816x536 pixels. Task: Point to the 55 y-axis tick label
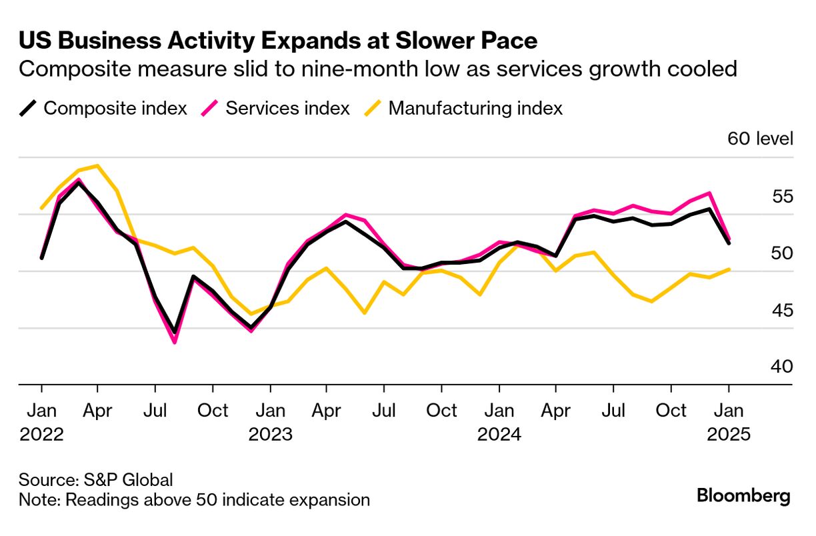click(x=780, y=196)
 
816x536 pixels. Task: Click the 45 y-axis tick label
click(x=780, y=310)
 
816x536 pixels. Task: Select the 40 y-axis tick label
click(x=780, y=367)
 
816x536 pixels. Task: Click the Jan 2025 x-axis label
click(x=729, y=422)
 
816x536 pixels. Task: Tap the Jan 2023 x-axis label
click(x=270, y=422)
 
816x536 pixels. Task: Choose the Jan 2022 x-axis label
click(x=41, y=422)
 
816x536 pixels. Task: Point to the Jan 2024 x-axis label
click(x=499, y=422)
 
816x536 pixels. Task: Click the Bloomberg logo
click(x=743, y=496)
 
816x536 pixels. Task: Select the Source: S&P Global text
click(x=96, y=479)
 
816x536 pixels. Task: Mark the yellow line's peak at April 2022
click(x=98, y=165)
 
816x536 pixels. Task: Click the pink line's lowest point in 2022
click(x=175, y=342)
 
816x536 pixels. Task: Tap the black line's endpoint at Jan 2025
click(x=729, y=243)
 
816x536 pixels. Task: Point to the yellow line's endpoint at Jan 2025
click(x=729, y=269)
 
